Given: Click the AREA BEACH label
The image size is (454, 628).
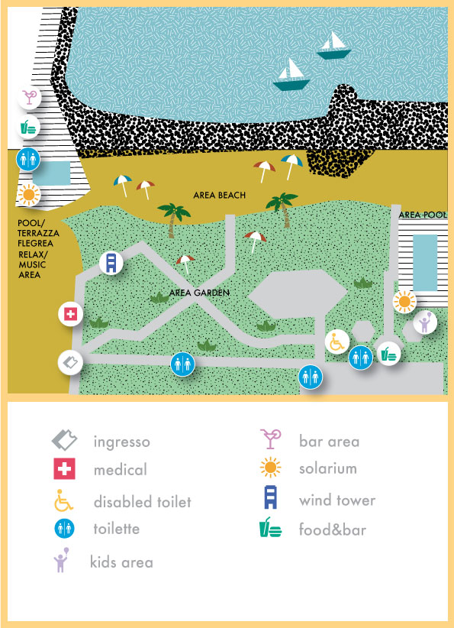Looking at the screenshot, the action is [219, 196].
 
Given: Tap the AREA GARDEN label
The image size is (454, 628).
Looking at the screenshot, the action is [199, 293].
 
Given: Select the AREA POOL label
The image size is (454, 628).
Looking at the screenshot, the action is [423, 215].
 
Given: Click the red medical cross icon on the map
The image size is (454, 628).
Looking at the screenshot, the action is [70, 315].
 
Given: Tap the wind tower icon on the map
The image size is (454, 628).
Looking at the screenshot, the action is [111, 263].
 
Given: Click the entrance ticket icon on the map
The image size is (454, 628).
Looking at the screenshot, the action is [70, 363].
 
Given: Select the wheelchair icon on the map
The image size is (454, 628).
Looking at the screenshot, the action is [337, 342].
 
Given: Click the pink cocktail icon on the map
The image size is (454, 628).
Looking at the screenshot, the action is [29, 97].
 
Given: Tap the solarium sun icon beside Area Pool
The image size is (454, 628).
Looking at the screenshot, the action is [404, 301].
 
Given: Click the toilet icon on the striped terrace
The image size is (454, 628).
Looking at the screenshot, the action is [28, 160].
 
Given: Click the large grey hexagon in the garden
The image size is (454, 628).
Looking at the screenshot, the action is [298, 294].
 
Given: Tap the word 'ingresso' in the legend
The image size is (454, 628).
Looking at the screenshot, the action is [121, 442].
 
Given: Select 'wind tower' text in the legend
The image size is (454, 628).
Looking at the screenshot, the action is [337, 500].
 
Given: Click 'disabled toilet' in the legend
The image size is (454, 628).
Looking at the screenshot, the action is [143, 502].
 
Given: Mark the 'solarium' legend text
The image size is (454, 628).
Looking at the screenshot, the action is [327, 468].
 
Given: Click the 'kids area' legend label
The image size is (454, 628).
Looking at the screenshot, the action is [121, 562].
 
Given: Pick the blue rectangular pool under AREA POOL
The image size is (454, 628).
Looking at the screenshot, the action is [425, 263].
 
